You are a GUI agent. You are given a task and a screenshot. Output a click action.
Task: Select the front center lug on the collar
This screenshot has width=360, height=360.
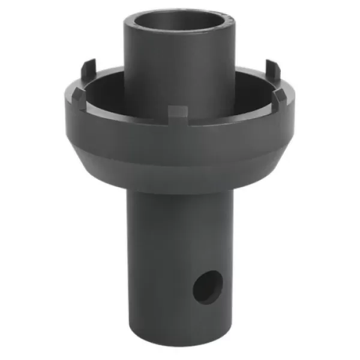pos(178,113)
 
